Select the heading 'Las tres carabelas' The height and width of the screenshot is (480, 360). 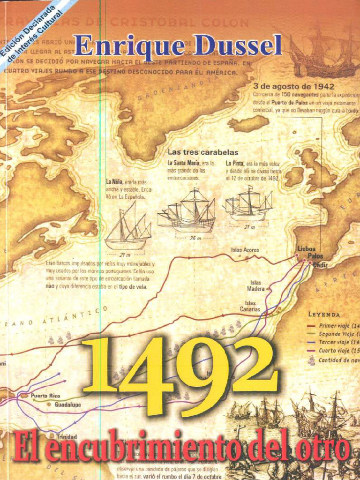[203, 152]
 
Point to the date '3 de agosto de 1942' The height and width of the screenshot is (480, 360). [293, 86]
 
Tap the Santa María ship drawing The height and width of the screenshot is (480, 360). [187, 211]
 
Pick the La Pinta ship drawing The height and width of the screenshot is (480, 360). [248, 204]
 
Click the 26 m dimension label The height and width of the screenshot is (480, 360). [195, 238]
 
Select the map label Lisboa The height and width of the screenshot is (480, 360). [307, 248]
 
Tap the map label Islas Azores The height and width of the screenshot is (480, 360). [245, 250]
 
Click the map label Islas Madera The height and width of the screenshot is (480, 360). [256, 286]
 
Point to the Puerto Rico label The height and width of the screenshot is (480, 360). [45, 396]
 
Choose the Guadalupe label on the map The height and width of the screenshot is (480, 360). [67, 405]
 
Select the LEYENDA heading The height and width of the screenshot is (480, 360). [324, 314]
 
